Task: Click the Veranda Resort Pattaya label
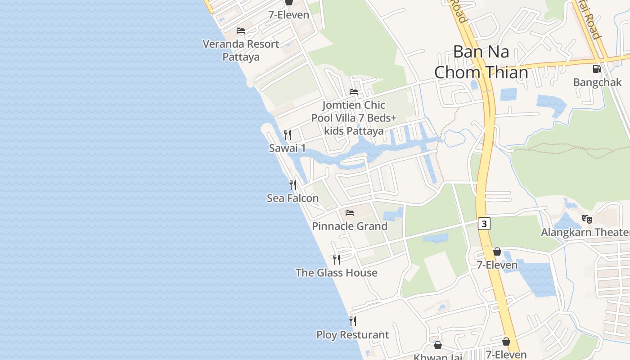click(241, 50)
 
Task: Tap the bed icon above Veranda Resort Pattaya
click(241, 31)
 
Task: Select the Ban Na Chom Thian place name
click(481, 62)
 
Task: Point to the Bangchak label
click(597, 82)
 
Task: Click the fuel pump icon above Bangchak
click(597, 69)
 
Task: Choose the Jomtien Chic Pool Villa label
click(354, 118)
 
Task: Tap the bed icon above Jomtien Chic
click(354, 92)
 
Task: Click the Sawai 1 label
click(287, 148)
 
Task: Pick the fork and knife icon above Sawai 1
click(288, 135)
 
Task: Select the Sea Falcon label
click(292, 198)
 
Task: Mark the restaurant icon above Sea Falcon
click(293, 184)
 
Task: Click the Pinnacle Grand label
click(350, 226)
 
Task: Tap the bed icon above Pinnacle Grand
click(350, 213)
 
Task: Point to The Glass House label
click(336, 273)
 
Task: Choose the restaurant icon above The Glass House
click(336, 259)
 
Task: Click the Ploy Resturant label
click(352, 335)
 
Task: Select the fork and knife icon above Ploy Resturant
click(353, 321)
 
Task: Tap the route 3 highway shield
click(484, 224)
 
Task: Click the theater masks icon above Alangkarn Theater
click(587, 219)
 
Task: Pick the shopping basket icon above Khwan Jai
click(437, 345)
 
